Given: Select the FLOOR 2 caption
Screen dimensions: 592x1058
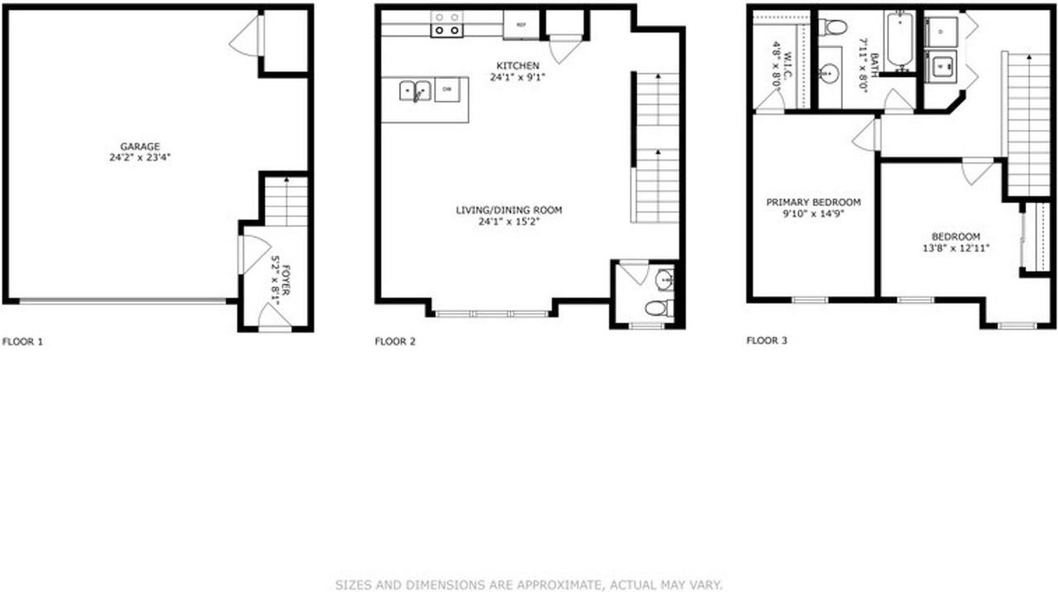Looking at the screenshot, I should click(x=395, y=341).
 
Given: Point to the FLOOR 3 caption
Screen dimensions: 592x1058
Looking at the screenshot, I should click(x=767, y=340).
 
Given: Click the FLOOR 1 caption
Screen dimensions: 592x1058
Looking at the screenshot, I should click(x=23, y=341).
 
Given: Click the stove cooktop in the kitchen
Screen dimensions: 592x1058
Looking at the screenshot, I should click(x=447, y=24).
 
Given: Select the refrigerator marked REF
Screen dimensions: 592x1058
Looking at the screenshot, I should click(x=521, y=25).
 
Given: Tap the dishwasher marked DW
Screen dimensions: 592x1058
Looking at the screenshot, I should click(x=447, y=88).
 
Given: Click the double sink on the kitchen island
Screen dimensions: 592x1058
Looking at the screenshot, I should click(x=415, y=90).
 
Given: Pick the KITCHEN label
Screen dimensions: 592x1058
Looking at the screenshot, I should click(x=517, y=66).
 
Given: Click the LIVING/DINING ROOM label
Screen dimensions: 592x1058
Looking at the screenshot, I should click(x=509, y=211).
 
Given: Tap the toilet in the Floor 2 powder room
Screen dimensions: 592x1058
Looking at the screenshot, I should click(x=658, y=310).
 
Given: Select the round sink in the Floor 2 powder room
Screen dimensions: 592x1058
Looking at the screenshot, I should click(x=665, y=282).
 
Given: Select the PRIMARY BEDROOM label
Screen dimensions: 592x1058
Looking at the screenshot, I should click(x=813, y=202).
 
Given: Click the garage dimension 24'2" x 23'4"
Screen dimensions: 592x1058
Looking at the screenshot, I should click(x=140, y=157).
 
